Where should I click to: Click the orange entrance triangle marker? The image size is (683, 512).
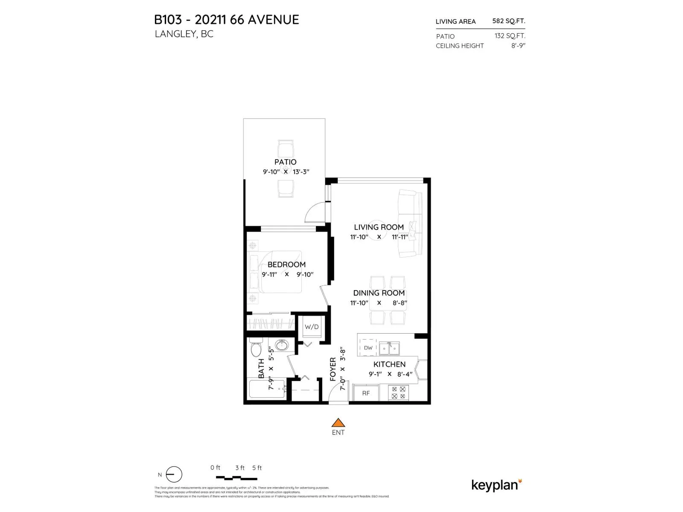338,423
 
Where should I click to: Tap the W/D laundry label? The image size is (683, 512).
312,327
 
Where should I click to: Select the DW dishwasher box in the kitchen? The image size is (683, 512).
368,348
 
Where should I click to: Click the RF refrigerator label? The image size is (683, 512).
366,393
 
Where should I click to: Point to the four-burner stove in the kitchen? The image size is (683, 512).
398,393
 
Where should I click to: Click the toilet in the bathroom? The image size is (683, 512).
256,348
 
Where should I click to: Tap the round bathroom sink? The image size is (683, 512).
281,345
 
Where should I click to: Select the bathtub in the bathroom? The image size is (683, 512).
267,389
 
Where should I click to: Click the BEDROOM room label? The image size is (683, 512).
286,265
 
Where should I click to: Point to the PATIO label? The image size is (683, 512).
285,162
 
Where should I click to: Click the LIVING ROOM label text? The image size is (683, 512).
379,227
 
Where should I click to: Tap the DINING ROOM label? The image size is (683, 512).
379,293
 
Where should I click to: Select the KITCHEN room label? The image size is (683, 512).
389,364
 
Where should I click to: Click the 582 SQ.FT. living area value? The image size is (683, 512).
508,21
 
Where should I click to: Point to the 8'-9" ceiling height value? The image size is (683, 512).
518,46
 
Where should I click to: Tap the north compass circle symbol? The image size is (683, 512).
174,474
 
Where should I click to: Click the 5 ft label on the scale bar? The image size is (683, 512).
257,468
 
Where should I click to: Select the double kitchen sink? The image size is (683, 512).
390,348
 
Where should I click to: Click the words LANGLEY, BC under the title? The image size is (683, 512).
184,34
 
